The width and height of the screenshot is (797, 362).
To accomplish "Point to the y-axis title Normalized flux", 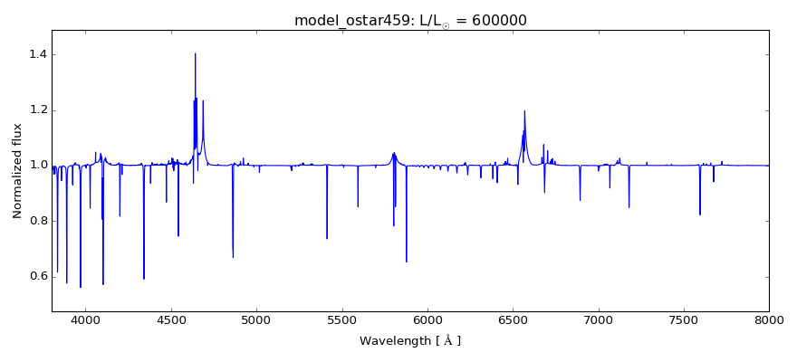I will [x=17, y=171].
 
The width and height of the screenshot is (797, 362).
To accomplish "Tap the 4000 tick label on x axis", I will [x=85, y=319].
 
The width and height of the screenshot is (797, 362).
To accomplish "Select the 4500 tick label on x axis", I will [x=171, y=319].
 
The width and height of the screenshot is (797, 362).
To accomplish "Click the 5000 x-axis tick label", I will [x=256, y=319].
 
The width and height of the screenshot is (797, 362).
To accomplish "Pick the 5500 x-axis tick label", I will [x=341, y=319].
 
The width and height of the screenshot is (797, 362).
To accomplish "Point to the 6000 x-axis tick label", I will [x=427, y=319].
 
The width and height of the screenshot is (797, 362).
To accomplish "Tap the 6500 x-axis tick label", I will [x=513, y=319].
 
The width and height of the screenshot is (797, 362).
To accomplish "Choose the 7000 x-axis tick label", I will [x=598, y=319].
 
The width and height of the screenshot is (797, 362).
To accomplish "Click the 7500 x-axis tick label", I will [x=684, y=319].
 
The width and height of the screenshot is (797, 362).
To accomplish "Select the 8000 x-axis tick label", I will [x=769, y=319].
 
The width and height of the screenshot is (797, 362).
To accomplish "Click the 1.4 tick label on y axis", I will [x=36, y=55].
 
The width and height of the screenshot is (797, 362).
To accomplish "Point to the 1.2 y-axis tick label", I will [x=36, y=110].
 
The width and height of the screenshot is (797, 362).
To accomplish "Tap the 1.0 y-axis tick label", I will [x=36, y=166].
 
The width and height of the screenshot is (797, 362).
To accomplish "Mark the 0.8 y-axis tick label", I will [x=36, y=221].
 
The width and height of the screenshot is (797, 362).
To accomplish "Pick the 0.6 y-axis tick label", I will [x=36, y=276].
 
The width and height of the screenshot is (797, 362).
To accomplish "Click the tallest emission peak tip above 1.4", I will [x=195, y=53].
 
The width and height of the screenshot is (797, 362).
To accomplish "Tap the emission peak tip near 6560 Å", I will [x=524, y=111].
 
